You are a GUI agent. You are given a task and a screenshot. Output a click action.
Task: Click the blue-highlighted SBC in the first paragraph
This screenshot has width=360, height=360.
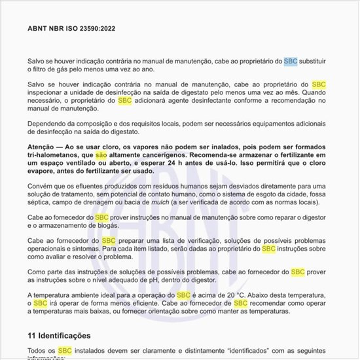click(x=291, y=61)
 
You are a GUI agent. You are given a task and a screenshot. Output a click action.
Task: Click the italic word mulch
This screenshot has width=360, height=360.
click(x=141, y=203)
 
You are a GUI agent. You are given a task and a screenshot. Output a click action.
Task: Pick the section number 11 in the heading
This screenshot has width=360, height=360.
click(x=32, y=335)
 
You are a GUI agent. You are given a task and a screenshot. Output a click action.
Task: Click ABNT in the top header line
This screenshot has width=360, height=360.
click(x=39, y=29)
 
